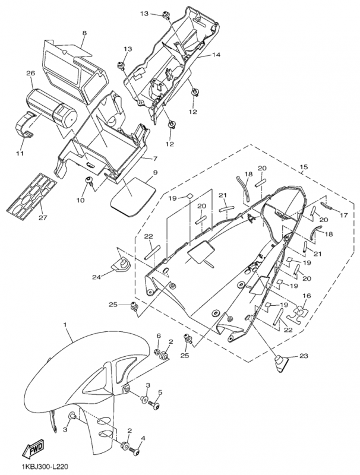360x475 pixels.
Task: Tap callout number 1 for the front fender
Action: coord(65,325)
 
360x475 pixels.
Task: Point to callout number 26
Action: coord(30,74)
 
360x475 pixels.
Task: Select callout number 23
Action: coord(305,356)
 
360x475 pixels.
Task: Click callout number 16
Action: coord(307,295)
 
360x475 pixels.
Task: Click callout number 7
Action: coord(154,159)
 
